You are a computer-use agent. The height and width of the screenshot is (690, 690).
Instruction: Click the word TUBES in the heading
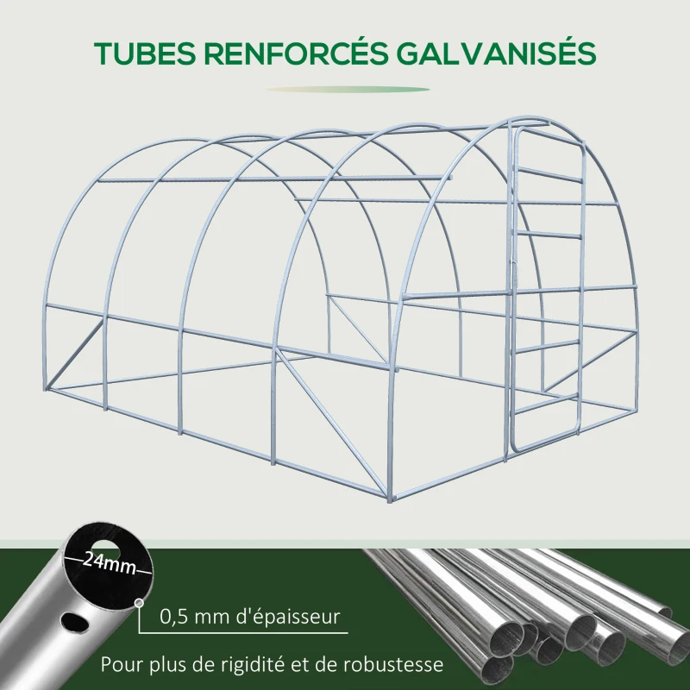145,53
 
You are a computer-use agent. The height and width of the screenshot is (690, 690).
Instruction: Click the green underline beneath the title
347,89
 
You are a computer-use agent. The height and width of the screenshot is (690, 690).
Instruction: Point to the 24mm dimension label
110,561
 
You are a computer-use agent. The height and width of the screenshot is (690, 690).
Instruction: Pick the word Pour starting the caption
120,665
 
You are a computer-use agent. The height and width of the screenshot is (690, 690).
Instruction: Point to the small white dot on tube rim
139,603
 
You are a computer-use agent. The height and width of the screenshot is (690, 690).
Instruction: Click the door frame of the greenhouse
516,285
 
